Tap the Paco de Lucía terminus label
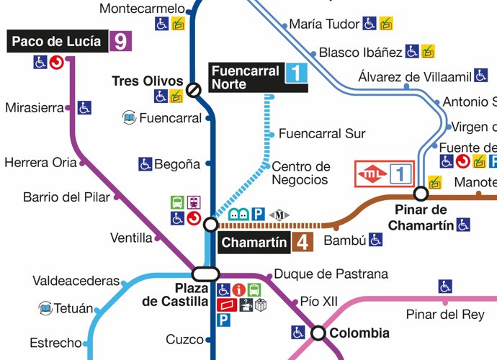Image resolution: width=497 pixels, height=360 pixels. point(57,41)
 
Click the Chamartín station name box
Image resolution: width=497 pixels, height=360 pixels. point(254,243)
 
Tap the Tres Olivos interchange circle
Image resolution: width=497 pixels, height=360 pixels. point(194,90)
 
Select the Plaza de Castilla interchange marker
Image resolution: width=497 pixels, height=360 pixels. point(205,274)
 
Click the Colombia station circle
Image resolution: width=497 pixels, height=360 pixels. point(318,333)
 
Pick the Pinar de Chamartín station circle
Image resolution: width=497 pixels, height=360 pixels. point(421,193)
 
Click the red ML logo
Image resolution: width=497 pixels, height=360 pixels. point(372,174)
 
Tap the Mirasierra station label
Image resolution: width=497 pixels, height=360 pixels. point(34,108)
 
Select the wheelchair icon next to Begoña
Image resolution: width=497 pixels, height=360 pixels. point(145,164)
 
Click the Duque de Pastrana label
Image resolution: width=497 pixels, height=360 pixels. point(331,274)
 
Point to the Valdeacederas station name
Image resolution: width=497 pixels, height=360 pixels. point(76,281)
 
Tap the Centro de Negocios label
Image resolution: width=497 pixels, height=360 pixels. point(300,174)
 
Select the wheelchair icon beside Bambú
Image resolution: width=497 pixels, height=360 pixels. point(375,239)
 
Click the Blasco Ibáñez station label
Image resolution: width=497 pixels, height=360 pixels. point(359,53)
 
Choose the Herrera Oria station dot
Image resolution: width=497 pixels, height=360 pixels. point(82,163)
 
